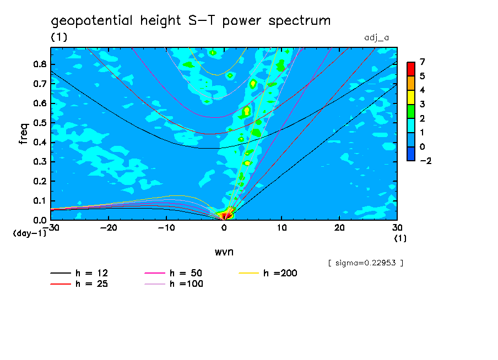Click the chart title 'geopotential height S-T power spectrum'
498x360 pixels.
tap(191, 21)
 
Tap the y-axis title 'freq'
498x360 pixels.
tap(24, 133)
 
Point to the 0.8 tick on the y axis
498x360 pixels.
tap(39, 64)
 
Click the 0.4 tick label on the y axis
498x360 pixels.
tap(39, 142)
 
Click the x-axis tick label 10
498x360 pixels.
tap(282, 227)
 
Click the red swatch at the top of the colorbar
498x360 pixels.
tap(410, 68)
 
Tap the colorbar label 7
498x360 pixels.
tap(422, 61)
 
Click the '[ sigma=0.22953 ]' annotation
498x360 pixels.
tap(365, 263)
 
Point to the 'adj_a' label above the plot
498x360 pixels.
tap(377, 38)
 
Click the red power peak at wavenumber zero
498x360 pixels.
tap(224, 216)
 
